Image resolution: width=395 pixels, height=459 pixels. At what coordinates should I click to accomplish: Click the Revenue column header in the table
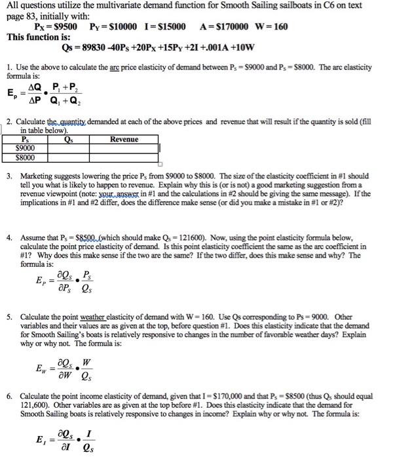point(124,139)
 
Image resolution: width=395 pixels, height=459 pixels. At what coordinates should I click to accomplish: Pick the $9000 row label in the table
point(26,149)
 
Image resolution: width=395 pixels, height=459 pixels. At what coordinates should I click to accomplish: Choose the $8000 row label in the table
point(26,158)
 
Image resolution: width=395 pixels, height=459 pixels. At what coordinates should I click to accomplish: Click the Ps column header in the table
point(26,139)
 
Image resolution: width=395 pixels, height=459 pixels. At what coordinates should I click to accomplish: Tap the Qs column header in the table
point(69,139)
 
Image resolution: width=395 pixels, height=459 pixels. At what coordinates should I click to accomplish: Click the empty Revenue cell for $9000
point(124,149)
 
